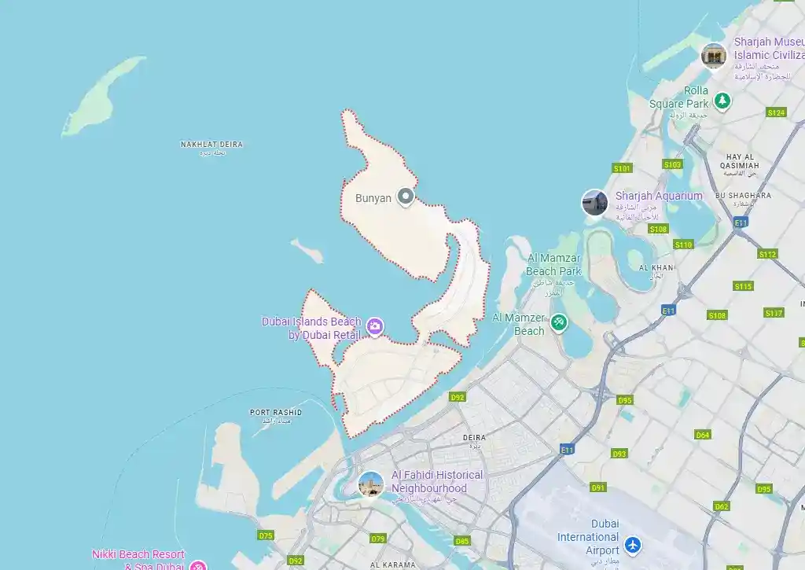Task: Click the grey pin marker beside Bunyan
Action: (406, 197)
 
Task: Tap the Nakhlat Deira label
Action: (211, 145)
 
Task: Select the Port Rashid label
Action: (276, 412)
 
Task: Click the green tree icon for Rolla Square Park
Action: (722, 101)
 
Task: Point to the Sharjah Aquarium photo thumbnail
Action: (594, 203)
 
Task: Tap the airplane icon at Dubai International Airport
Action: (633, 544)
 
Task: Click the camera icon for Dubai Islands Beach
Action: (375, 326)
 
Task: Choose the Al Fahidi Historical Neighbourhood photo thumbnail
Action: (371, 484)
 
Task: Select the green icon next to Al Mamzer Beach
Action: (558, 322)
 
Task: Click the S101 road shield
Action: (622, 168)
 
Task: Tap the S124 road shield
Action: (776, 112)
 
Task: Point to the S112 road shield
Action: (767, 254)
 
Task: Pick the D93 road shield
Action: (619, 454)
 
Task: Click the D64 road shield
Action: (703, 435)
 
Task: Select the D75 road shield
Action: (266, 535)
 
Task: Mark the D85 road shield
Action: (461, 541)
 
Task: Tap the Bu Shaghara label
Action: (743, 195)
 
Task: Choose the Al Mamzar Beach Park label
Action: (553, 265)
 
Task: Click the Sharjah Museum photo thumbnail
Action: (713, 55)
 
